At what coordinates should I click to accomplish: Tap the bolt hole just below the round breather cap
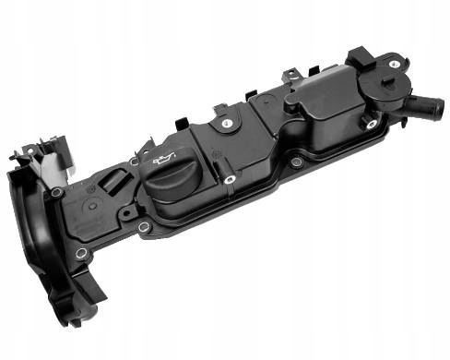pyautogui.click(x=372, y=123)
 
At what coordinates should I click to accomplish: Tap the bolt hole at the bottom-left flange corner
pyautogui.click(x=81, y=252)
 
